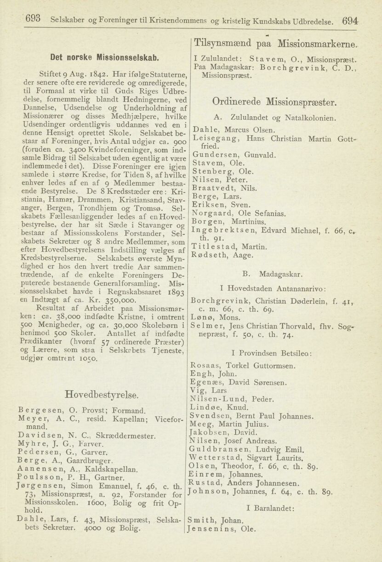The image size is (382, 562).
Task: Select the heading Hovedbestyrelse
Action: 102,395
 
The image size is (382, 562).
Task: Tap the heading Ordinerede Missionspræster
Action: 274,102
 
